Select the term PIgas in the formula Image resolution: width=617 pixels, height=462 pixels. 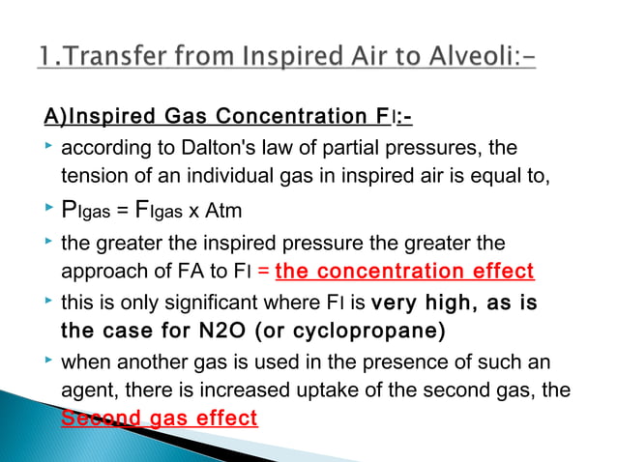coord(93,211)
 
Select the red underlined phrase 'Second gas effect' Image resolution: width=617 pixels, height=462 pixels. coord(159,419)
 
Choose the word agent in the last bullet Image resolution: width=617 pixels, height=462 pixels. coord(84,390)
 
